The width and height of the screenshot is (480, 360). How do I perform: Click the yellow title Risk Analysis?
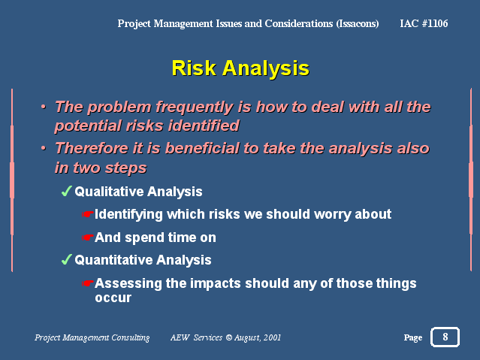[x=240, y=68]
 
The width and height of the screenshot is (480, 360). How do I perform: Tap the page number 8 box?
[x=445, y=337]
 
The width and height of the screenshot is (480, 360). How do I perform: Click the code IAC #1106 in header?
[x=424, y=23]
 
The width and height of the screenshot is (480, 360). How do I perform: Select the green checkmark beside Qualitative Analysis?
[x=66, y=191]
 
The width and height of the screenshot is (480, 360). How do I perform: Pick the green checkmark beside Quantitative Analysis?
[x=66, y=259]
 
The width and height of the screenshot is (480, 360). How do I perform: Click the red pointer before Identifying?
[x=88, y=214]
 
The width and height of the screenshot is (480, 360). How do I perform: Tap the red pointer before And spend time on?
[x=88, y=237]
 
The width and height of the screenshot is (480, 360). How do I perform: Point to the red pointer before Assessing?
[x=88, y=283]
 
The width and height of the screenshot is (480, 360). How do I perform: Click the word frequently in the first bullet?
[x=195, y=107]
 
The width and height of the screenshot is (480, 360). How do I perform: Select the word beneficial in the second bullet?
[x=203, y=149]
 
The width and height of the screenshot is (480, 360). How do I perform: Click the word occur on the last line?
[x=113, y=298]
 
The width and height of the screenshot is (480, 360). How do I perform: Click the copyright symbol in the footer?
[x=228, y=337]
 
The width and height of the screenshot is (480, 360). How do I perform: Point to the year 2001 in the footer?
[x=272, y=337]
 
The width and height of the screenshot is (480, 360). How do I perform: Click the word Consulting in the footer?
[x=131, y=337]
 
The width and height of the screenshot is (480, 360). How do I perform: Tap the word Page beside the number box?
[x=413, y=337]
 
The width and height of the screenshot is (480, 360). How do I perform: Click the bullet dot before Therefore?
[x=44, y=148]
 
